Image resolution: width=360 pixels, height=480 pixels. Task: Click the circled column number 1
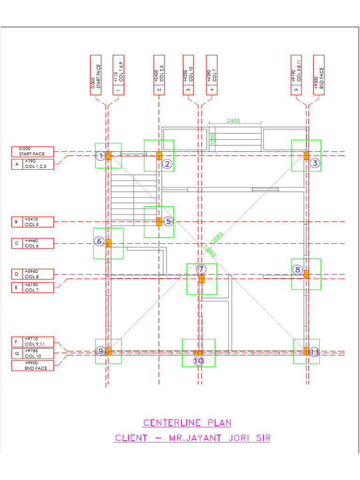tap(100, 156)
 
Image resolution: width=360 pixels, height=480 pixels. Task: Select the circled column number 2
tap(167, 164)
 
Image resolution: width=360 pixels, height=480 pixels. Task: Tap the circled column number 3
tap(315, 163)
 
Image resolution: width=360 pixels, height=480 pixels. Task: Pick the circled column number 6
tap(99, 241)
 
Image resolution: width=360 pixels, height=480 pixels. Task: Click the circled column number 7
tap(201, 269)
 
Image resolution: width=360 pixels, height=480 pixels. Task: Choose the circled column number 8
tap(298, 270)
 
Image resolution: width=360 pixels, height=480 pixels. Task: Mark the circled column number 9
tap(100, 351)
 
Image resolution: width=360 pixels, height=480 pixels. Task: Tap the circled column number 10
tap(199, 361)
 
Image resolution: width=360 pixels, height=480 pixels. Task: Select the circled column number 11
tap(314, 352)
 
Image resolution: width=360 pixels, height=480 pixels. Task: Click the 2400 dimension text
tap(233, 121)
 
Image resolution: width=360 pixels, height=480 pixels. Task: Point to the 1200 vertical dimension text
tap(212, 139)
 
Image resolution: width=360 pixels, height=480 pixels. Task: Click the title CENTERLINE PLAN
tap(187, 423)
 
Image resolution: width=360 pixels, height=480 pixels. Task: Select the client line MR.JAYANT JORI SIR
tap(193, 438)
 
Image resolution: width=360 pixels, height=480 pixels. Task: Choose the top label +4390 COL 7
tap(212, 75)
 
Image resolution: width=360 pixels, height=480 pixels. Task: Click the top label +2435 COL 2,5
tap(159, 75)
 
